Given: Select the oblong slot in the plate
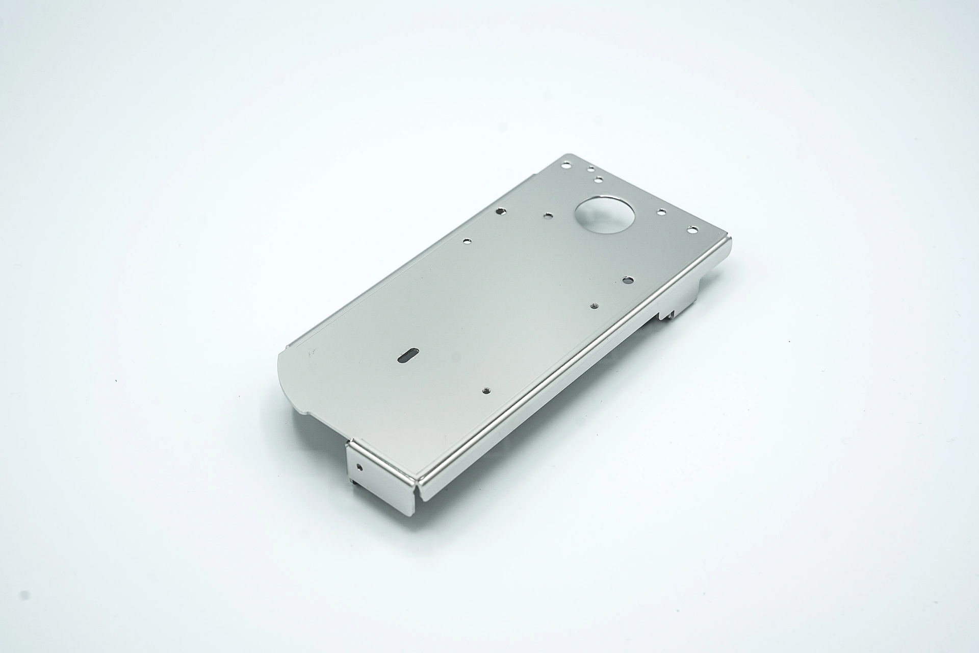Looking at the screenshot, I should [x=408, y=355].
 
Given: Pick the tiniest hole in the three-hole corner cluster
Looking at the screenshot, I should [x=590, y=169].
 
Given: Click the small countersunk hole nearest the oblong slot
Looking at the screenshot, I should [x=486, y=392].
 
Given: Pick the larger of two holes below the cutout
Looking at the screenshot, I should [x=628, y=279].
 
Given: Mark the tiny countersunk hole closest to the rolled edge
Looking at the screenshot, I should [x=594, y=306].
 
